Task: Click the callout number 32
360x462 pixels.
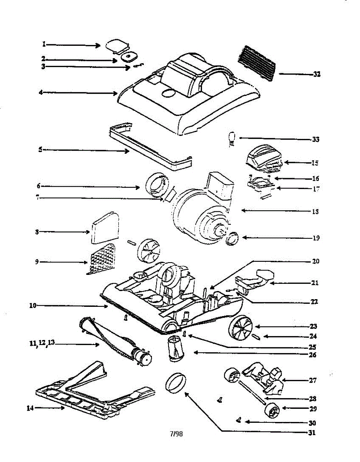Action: [317, 75]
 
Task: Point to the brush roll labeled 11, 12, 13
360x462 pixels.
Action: [115, 339]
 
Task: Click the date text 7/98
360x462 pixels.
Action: [176, 434]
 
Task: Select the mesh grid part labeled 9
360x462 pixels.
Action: [102, 259]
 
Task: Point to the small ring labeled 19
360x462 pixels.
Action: [233, 239]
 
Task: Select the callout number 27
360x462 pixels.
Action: [312, 380]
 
